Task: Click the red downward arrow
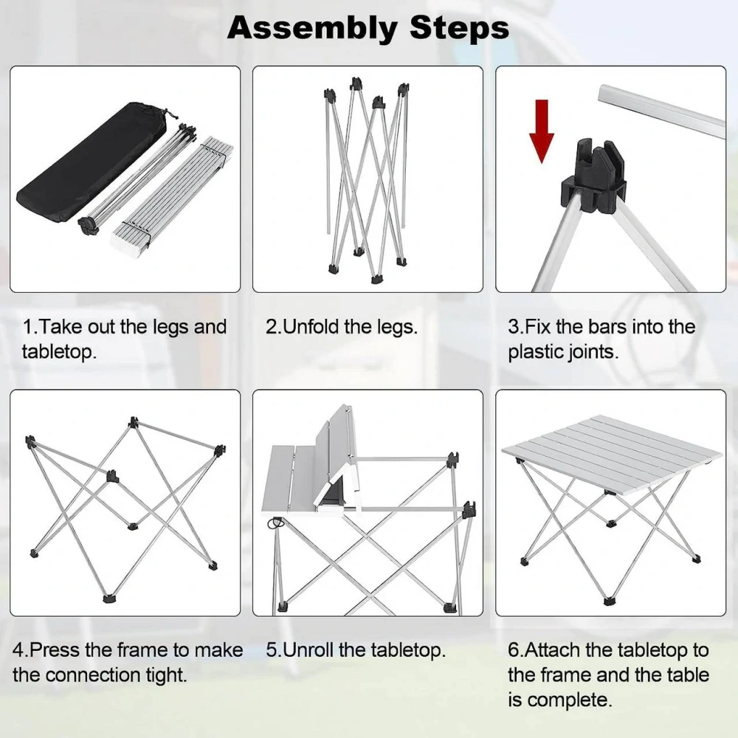click(x=542, y=131)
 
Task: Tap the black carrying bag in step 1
click(x=92, y=162)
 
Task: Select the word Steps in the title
click(x=459, y=28)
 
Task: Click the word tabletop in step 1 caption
click(x=59, y=351)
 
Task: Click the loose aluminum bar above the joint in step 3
click(x=661, y=111)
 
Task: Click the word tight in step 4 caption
click(x=166, y=675)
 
